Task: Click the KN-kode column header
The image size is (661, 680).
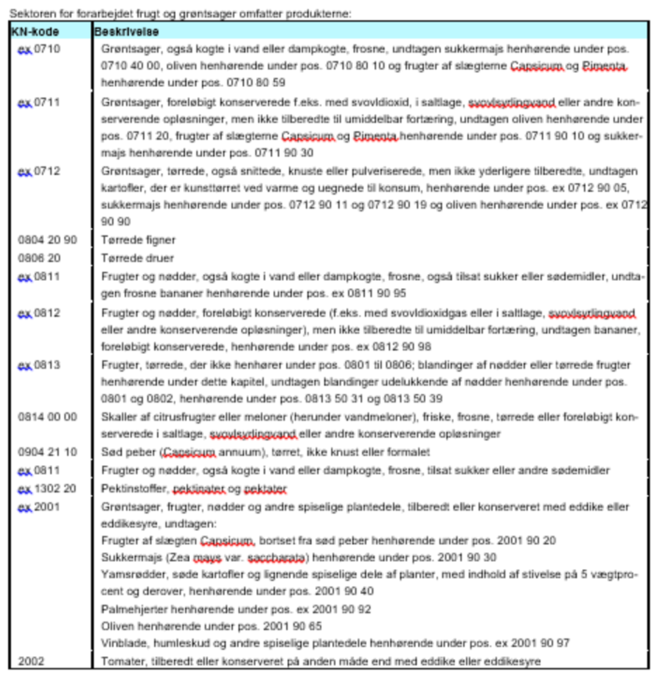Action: coord(35,32)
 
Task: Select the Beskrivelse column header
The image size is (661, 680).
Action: coord(126,32)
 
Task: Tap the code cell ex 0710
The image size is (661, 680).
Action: coord(39,49)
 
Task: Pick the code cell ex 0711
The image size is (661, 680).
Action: coord(39,103)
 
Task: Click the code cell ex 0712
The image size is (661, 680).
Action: coord(39,171)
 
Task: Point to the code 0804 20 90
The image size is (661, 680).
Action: coord(48,240)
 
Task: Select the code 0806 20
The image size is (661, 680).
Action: coord(39,258)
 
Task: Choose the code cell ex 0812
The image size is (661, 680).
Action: coord(39,313)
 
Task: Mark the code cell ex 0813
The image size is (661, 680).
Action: coord(39,365)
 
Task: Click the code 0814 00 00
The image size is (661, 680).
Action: coord(48,417)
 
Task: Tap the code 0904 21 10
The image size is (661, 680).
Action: coord(48,452)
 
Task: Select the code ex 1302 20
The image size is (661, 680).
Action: coord(47,489)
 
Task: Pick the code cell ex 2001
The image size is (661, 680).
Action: coord(39,507)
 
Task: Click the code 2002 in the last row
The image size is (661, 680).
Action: coord(31,661)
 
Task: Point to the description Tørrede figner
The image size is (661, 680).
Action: coord(138,240)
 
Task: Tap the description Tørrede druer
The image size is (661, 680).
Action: coord(137,258)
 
